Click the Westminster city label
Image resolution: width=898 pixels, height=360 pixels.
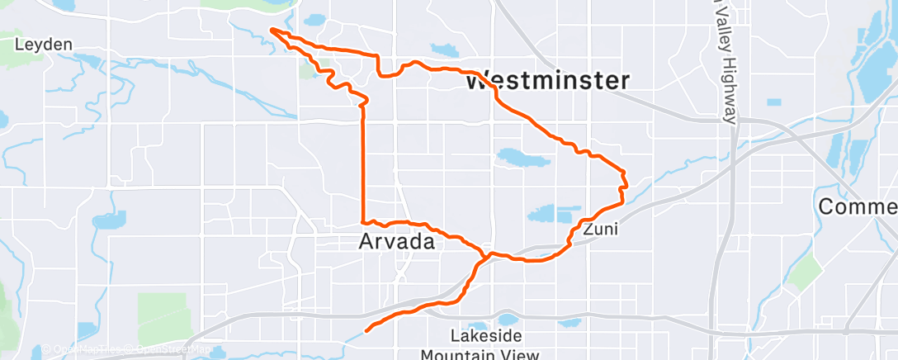click(547, 81)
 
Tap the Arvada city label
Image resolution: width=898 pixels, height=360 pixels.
click(396, 242)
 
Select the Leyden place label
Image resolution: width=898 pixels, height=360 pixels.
click(44, 44)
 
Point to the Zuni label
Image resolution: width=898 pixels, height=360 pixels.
click(599, 230)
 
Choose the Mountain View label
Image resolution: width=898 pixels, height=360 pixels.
click(480, 354)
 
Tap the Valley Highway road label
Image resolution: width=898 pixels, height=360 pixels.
click(725, 62)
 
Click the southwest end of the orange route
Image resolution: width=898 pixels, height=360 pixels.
click(366, 329)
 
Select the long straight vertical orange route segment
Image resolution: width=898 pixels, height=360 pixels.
click(363, 165)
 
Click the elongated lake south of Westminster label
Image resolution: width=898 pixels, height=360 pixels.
click(522, 156)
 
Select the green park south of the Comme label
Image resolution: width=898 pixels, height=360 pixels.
click(804, 273)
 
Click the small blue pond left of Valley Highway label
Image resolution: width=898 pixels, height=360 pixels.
click(773, 102)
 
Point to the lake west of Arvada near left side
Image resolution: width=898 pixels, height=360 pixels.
click(109, 220)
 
